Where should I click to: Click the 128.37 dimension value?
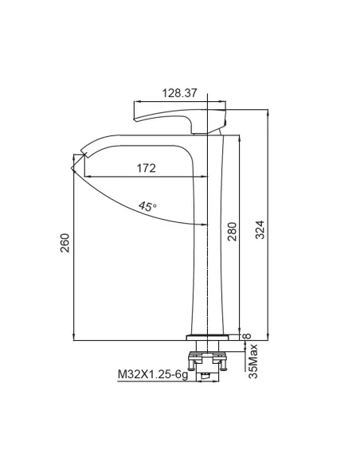point(179,93)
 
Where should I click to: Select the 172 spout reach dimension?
point(146,168)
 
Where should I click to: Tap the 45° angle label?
point(147,206)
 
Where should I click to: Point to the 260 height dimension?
point(65,243)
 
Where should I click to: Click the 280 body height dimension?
point(233,232)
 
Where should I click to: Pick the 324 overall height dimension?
point(260,229)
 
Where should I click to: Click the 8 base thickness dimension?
point(247,336)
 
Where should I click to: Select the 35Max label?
point(253,361)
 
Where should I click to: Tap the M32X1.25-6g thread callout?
point(153,374)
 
